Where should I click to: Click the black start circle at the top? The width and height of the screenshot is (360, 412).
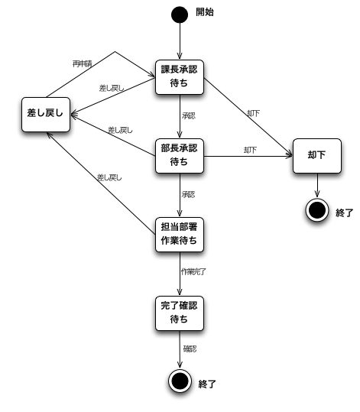coord(179,14)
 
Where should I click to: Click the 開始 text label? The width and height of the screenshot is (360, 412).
coord(206,12)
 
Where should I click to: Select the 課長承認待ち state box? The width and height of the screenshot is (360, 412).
coord(179,76)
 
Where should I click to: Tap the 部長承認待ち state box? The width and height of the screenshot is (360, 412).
coord(179,154)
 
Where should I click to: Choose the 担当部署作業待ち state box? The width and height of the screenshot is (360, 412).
coord(179,233)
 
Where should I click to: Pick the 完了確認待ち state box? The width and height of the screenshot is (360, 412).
coord(179,313)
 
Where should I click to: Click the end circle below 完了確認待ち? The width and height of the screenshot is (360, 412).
coord(179,381)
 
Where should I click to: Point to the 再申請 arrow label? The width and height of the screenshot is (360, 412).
coord(83,63)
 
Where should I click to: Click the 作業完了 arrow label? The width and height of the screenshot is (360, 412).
coord(192,272)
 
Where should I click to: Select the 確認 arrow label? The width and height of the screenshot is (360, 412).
coord(190,349)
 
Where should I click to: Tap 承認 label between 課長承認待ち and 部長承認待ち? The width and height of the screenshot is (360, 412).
coord(188,116)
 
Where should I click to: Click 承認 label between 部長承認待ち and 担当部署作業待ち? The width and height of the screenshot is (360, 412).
coord(188,194)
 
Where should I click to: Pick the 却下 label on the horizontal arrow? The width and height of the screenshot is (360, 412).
coord(249,150)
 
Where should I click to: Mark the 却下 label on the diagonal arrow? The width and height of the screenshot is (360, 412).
coord(254,113)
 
